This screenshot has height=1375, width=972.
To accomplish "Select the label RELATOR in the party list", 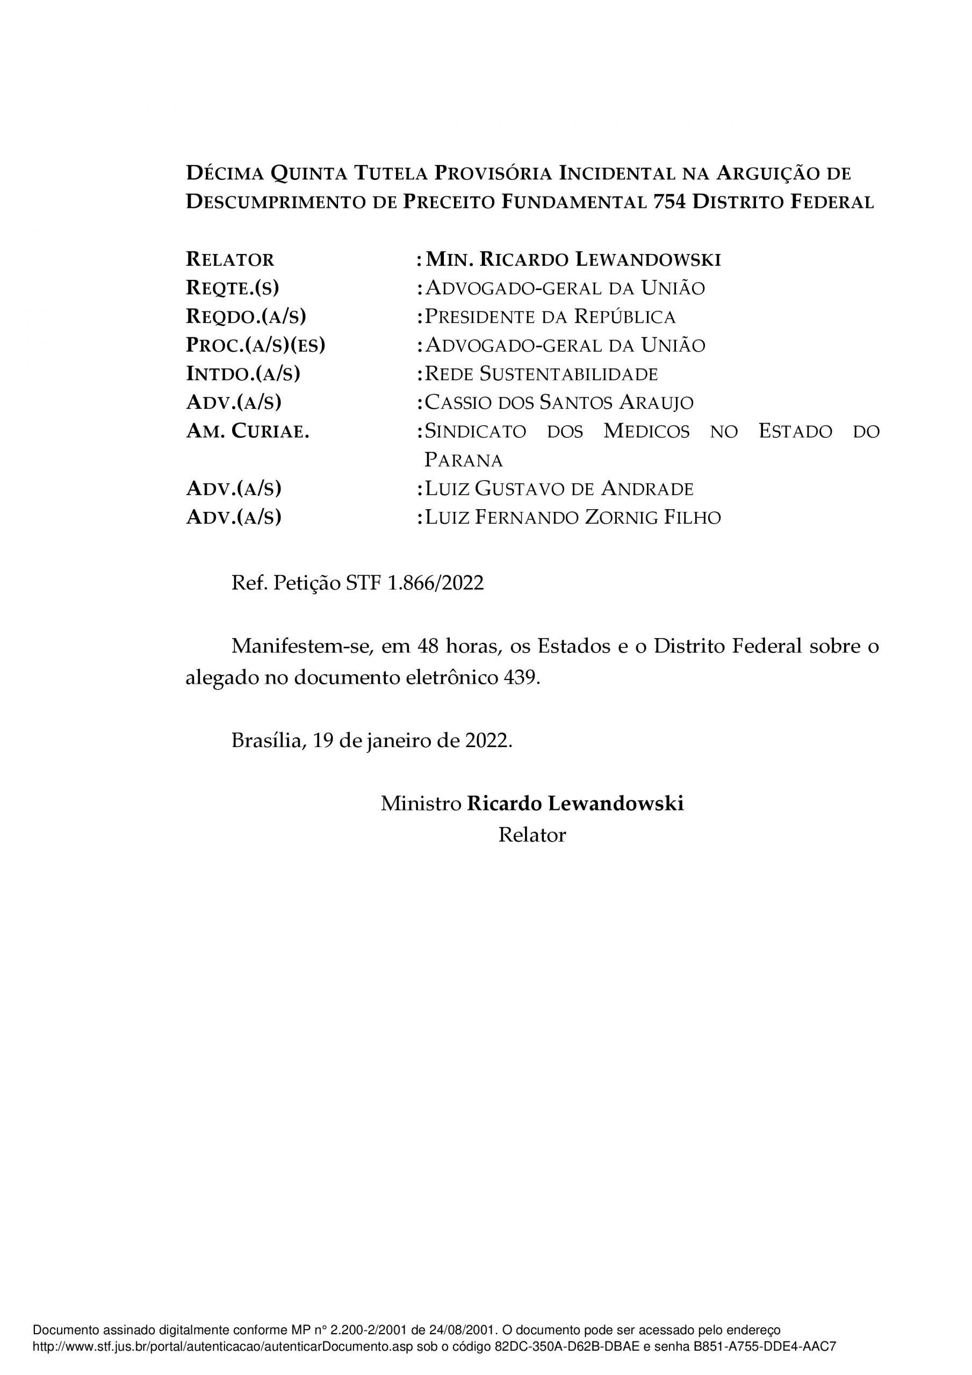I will click(x=230, y=259).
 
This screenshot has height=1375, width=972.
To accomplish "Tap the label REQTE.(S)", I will click(x=233, y=288).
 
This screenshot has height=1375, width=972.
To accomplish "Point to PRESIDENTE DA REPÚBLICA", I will click(x=550, y=317).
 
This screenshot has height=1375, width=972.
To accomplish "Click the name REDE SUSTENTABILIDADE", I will click(x=541, y=374).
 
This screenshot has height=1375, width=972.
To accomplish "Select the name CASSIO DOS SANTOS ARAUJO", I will click(x=558, y=402).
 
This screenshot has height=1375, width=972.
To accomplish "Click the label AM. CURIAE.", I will click(x=248, y=431).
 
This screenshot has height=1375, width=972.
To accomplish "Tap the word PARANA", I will click(x=463, y=460).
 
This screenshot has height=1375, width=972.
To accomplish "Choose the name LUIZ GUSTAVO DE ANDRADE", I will click(x=558, y=489).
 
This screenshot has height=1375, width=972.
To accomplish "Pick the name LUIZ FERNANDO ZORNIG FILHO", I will click(x=572, y=517).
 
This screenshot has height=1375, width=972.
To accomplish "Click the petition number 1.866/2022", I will click(x=436, y=583).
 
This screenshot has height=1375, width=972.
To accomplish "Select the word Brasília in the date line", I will click(x=267, y=741).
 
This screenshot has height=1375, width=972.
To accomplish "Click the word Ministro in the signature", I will click(x=421, y=804).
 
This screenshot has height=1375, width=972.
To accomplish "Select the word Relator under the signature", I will click(x=531, y=835).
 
